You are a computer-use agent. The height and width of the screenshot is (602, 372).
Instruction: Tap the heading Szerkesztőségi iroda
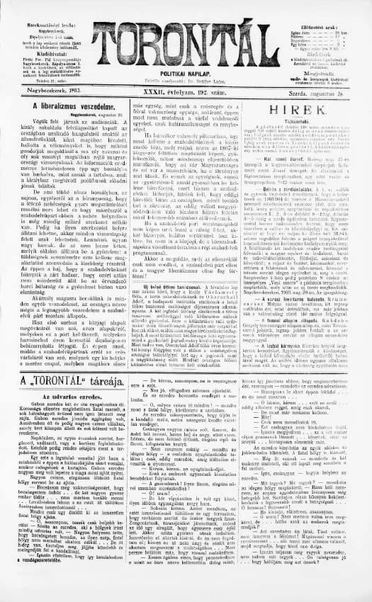tap(54, 6)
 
